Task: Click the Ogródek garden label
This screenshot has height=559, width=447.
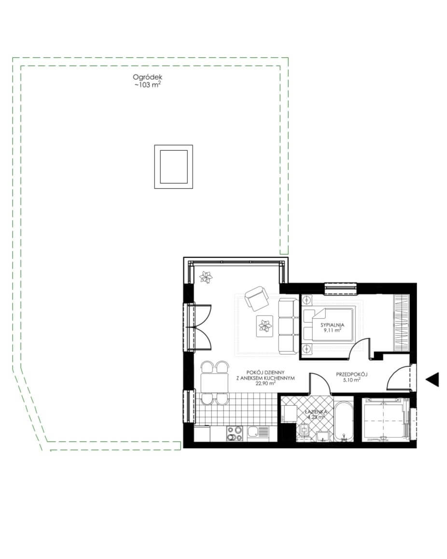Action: (147, 77)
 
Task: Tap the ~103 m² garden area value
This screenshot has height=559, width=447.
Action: (147, 85)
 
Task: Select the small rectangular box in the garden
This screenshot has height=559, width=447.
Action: (173, 167)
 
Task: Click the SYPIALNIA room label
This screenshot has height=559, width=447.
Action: (332, 325)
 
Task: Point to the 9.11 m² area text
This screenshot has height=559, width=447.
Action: (332, 330)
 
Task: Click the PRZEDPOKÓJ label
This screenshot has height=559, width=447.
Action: (351, 374)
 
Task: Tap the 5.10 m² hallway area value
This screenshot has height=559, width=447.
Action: (351, 380)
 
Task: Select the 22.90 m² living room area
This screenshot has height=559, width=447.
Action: (265, 384)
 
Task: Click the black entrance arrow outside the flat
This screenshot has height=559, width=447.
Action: (433, 379)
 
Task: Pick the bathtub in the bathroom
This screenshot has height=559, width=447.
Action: (344, 421)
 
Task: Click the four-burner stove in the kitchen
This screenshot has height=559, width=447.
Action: (235, 433)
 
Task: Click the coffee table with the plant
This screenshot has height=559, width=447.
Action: (265, 326)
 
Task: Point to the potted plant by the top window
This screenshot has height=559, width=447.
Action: (206, 277)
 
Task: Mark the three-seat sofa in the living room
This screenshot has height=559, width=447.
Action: (288, 326)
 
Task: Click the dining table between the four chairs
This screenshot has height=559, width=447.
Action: (214, 383)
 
